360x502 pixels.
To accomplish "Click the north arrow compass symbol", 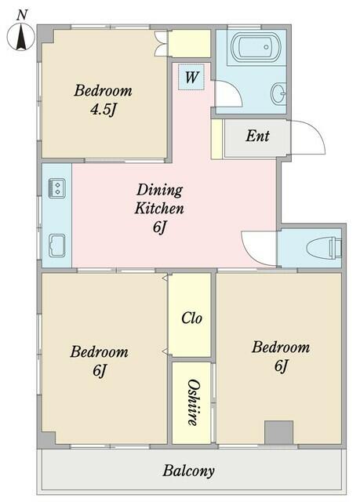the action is [x=21, y=37].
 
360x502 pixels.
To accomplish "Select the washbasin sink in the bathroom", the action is [x=279, y=93].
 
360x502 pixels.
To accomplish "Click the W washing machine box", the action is [x=191, y=77].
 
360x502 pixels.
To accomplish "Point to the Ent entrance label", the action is [x=257, y=136].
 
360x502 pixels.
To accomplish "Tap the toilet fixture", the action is [x=324, y=248].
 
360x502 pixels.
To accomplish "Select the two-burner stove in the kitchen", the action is [x=57, y=188].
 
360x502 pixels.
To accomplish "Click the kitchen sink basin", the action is [x=57, y=246].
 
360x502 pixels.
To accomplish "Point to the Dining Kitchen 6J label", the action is [x=159, y=209].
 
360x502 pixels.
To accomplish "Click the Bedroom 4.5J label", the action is [x=103, y=100].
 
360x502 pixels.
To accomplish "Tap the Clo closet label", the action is [x=191, y=318].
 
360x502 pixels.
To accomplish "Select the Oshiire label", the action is [x=192, y=402].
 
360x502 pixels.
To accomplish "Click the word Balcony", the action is [x=188, y=471].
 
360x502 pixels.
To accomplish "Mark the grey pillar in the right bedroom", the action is [x=278, y=432].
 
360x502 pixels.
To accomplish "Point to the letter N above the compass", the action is [x=21, y=16].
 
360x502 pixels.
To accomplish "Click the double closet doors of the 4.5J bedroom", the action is [x=161, y=44].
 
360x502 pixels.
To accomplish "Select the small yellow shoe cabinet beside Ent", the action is [x=216, y=139].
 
